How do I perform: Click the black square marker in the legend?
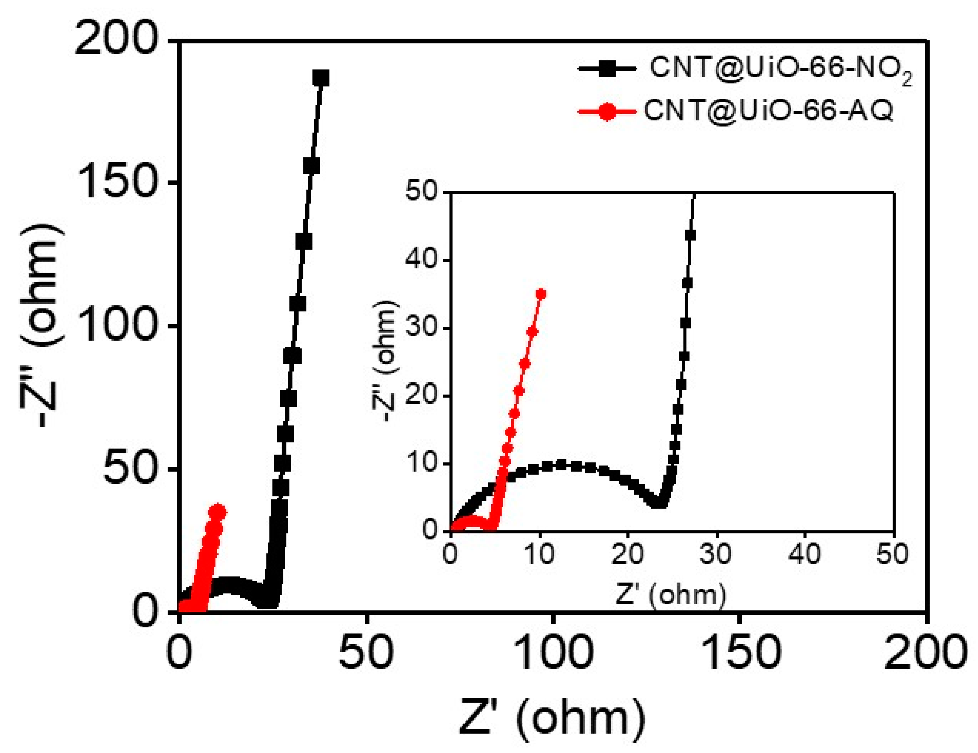click(x=607, y=69)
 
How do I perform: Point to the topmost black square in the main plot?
click(x=321, y=79)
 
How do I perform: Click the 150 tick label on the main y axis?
click(x=119, y=183)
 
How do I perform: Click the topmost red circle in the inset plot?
click(x=541, y=294)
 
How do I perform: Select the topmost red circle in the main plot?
click(x=218, y=512)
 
